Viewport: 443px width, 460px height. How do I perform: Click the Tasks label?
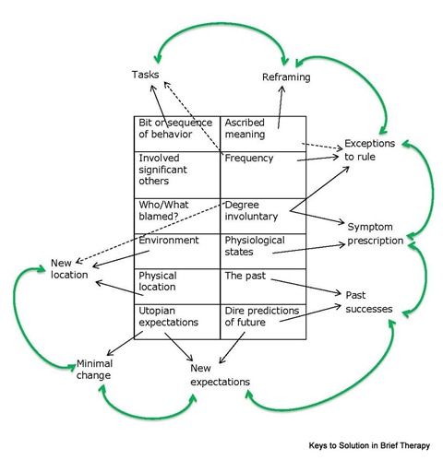click(x=145, y=75)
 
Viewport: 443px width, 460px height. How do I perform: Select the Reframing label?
click(x=286, y=77)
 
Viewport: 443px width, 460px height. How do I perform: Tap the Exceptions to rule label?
click(x=369, y=150)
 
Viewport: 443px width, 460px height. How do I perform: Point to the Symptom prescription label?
click(x=376, y=234)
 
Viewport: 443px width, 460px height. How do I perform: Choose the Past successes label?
click(x=369, y=302)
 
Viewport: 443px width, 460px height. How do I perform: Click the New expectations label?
click(x=220, y=375)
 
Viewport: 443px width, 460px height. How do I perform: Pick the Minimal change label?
click(x=94, y=370)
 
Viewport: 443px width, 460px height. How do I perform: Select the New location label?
click(x=69, y=269)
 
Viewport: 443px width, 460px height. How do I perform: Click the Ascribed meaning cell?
click(x=263, y=134)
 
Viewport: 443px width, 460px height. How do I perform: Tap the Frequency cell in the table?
click(x=263, y=175)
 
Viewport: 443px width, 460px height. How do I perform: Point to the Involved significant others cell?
click(x=177, y=175)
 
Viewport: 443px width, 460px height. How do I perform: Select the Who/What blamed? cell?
click(x=177, y=216)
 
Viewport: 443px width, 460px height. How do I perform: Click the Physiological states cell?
click(x=263, y=251)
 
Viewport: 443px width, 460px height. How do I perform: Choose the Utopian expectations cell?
click(x=177, y=322)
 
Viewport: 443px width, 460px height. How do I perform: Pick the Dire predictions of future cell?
click(x=263, y=322)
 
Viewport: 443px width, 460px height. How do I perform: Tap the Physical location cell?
click(x=177, y=287)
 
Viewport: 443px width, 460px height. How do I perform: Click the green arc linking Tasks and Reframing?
click(x=222, y=23)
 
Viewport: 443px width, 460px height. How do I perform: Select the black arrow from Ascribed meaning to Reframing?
click(x=281, y=107)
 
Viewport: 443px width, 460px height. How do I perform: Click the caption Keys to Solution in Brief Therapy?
click(x=369, y=445)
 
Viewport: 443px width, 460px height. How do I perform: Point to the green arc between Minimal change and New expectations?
click(x=148, y=417)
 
